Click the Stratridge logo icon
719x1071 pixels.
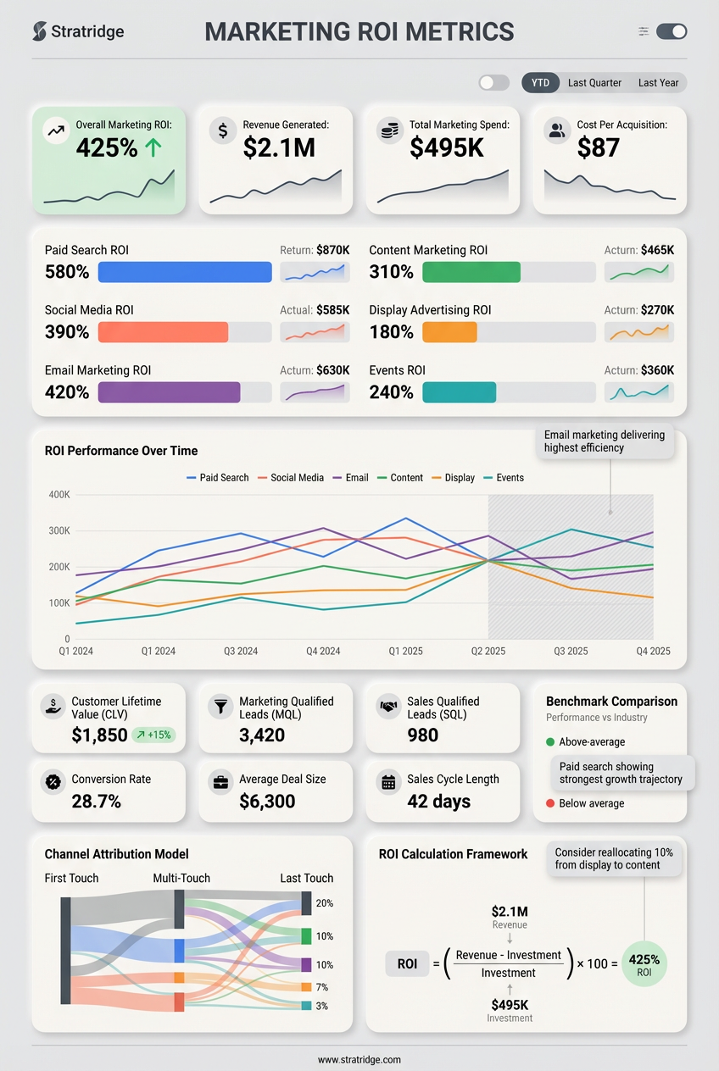point(39,31)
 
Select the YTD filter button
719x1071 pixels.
point(540,82)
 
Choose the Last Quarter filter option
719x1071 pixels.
point(594,82)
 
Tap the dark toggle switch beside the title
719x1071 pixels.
point(672,31)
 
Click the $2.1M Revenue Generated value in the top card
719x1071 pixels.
point(279,147)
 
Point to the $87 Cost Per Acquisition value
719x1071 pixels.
point(598,147)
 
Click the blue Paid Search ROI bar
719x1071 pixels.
point(185,272)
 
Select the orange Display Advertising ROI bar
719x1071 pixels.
point(449,332)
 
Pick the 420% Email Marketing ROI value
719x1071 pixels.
point(67,392)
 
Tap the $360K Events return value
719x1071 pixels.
point(658,370)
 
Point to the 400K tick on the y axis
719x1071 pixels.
point(59,495)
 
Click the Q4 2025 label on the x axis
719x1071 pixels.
point(653,652)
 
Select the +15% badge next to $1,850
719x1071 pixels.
point(153,735)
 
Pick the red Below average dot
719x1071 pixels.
point(550,803)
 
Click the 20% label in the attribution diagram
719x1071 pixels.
point(325,904)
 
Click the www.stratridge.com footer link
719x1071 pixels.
point(359,1060)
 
